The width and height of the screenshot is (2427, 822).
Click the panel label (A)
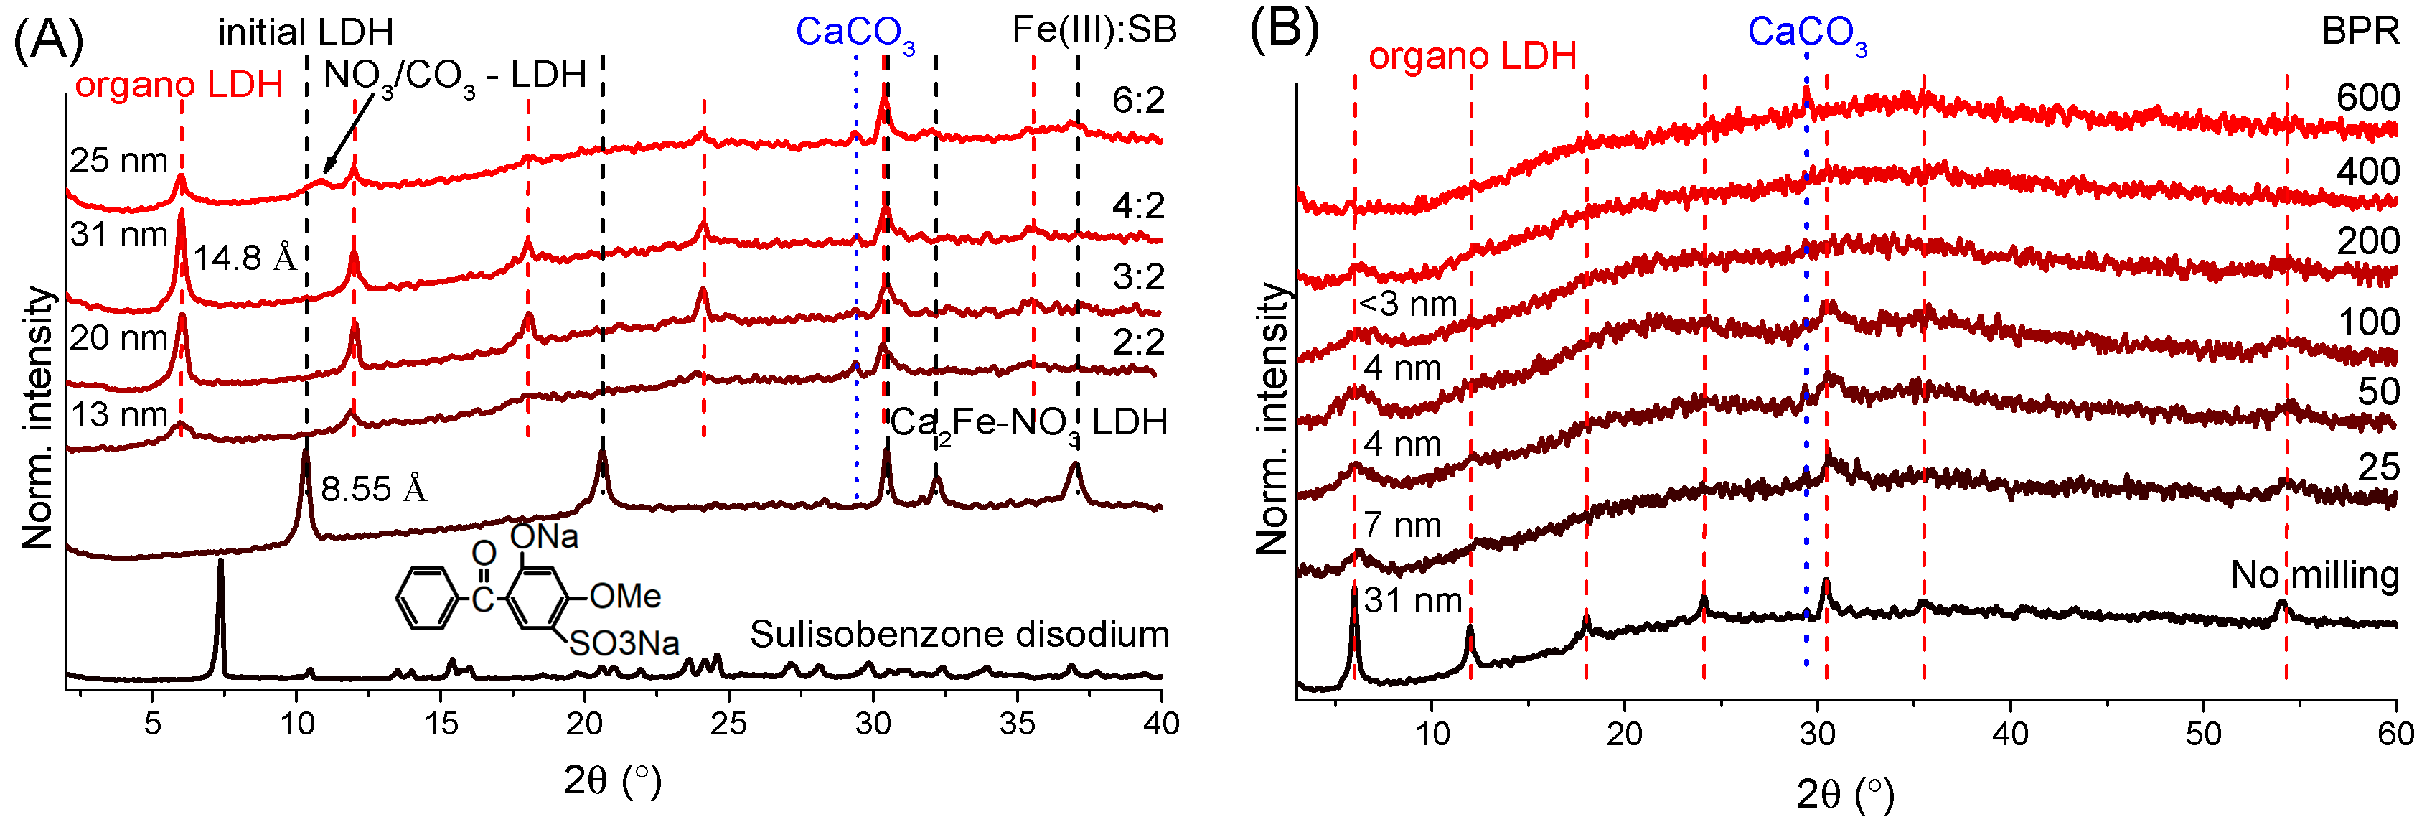(47, 39)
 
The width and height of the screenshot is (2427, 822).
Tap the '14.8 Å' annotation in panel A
(244, 257)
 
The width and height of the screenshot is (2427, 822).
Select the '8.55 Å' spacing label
(373, 489)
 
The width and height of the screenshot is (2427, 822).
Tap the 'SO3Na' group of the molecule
(624, 644)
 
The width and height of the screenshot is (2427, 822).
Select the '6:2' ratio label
(1137, 100)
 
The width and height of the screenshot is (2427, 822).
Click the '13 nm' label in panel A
(118, 415)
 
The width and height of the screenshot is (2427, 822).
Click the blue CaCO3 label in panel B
(1806, 33)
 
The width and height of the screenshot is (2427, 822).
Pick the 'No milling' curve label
(2313, 575)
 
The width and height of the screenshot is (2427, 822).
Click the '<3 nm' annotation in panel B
(1407, 304)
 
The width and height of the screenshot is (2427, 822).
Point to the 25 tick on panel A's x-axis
(728, 724)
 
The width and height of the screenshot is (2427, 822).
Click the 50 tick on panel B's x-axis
(2203, 734)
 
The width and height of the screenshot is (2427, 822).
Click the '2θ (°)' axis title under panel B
(1845, 795)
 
